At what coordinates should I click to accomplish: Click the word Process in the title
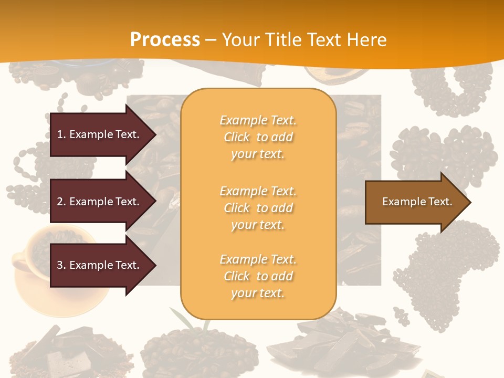[x=165, y=39]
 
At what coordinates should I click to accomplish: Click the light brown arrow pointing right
[x=409, y=202]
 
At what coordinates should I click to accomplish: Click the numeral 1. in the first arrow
[x=61, y=134]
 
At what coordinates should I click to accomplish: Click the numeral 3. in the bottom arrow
[x=61, y=265]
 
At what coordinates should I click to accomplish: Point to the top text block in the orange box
[x=258, y=137]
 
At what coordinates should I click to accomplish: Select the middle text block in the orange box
[x=258, y=207]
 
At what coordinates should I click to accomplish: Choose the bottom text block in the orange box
[x=258, y=276]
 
